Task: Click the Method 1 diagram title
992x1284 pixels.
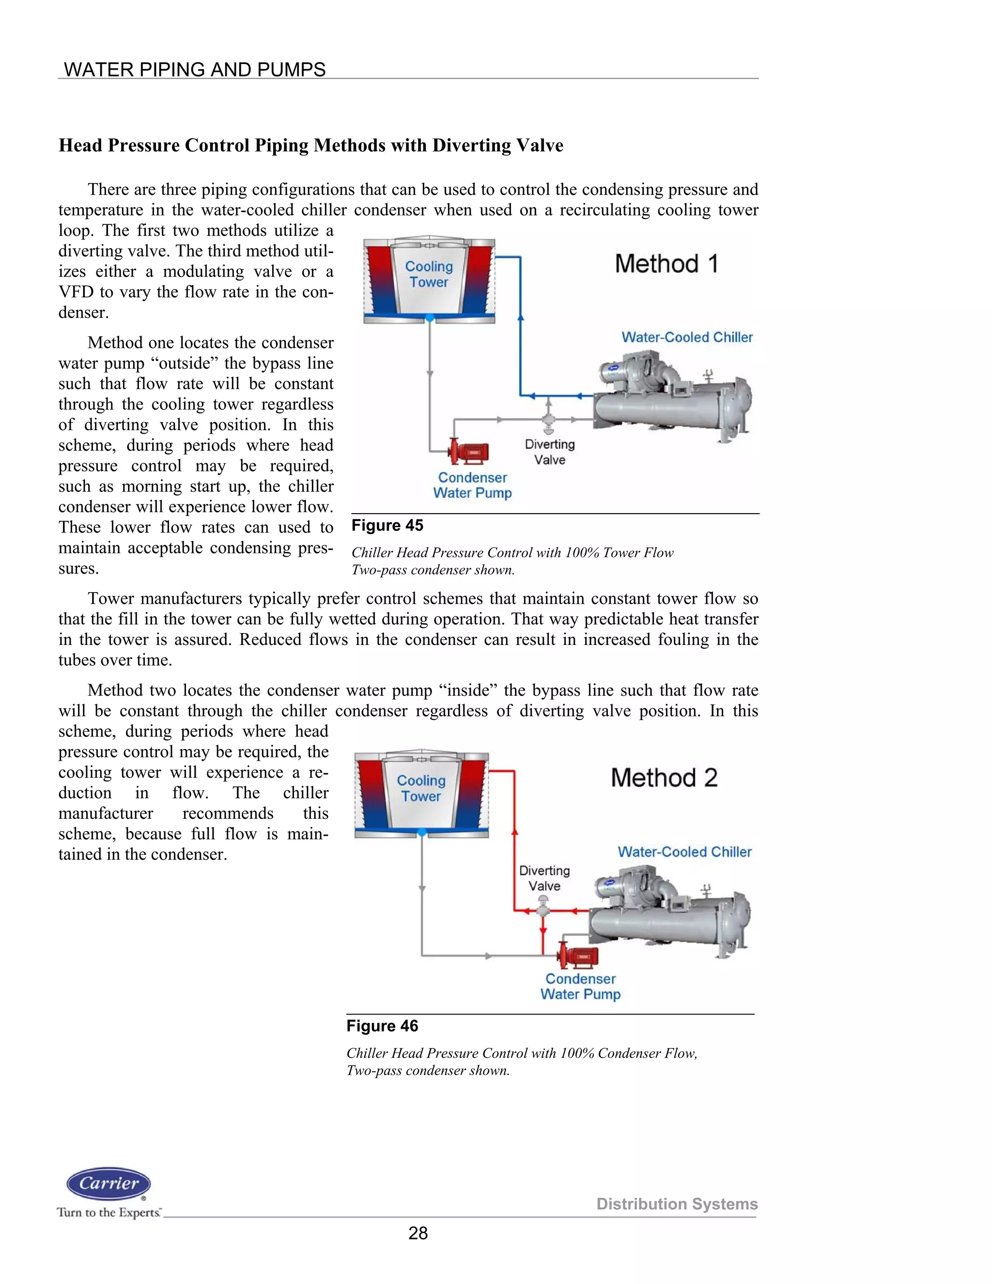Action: (666, 264)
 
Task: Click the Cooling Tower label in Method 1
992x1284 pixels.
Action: (429, 274)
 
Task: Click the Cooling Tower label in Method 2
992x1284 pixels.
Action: (421, 788)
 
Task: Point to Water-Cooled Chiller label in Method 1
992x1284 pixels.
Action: (687, 337)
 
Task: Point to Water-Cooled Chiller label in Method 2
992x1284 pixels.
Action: (684, 852)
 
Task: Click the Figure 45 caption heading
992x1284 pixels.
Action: (387, 526)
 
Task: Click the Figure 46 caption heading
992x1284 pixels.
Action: (382, 1026)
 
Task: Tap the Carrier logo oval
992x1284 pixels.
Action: (108, 1184)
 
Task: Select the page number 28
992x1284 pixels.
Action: (418, 1233)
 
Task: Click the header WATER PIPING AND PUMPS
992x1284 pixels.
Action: (195, 69)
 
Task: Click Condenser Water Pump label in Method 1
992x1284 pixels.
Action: (472, 485)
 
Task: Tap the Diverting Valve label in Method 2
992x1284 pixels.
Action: (544, 878)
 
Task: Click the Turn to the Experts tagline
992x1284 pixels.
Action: (108, 1212)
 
